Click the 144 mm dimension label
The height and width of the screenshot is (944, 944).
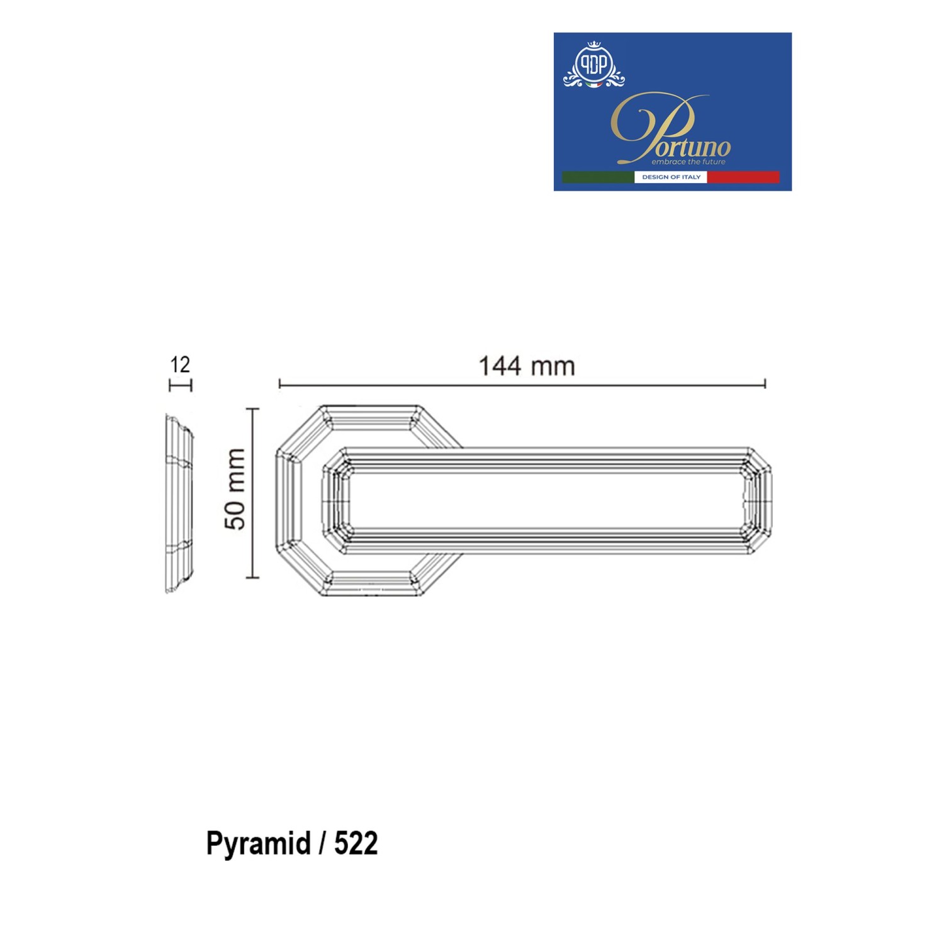pyautogui.click(x=527, y=366)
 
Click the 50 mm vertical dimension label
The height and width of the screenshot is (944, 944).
pyautogui.click(x=235, y=489)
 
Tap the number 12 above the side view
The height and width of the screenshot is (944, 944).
pyautogui.click(x=180, y=364)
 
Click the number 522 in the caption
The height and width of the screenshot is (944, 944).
pyautogui.click(x=356, y=843)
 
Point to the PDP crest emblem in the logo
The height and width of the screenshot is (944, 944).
pyautogui.click(x=593, y=65)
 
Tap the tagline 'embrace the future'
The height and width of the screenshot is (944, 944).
pyautogui.click(x=688, y=162)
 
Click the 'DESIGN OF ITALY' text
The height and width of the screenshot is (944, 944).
pyautogui.click(x=671, y=177)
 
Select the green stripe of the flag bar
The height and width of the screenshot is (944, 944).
pyautogui.click(x=598, y=177)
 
